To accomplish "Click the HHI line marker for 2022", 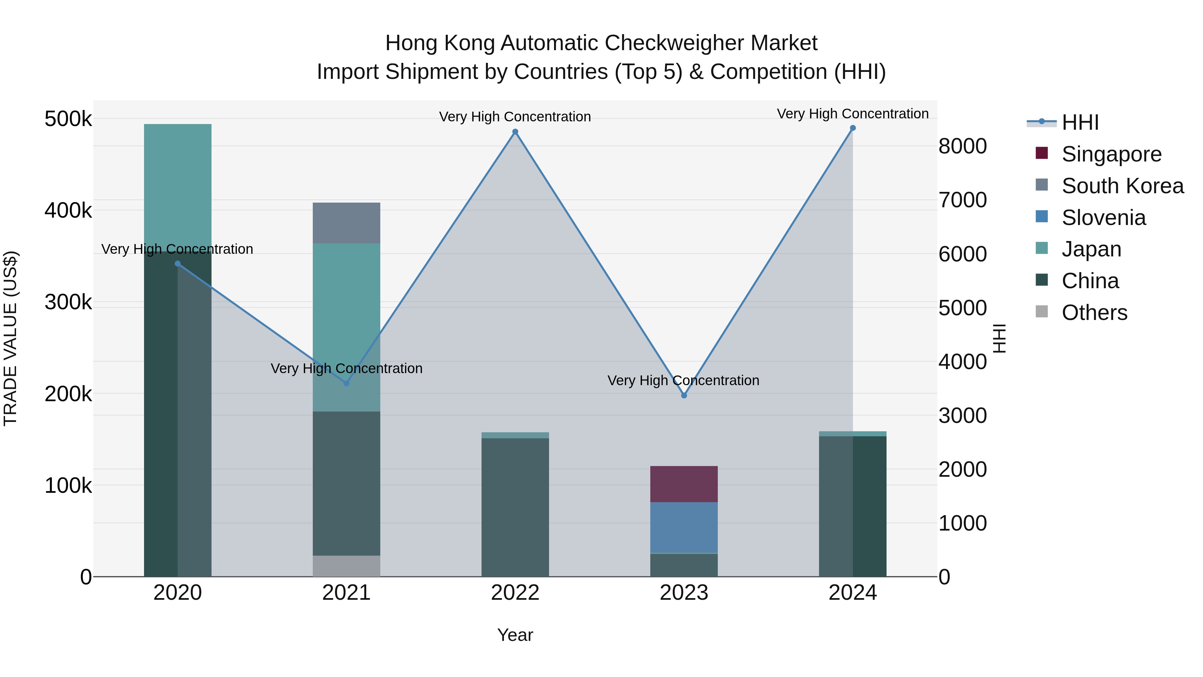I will click(x=515, y=132).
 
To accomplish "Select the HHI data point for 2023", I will click(x=684, y=395).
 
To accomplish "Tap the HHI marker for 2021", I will click(x=347, y=383).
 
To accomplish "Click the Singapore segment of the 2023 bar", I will click(x=684, y=484).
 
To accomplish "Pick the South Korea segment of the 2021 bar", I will click(x=347, y=223).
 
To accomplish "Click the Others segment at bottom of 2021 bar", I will click(x=347, y=566).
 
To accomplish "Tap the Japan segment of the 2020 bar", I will click(x=177, y=187).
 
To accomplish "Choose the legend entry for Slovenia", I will click(x=1103, y=218).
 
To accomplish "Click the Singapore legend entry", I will click(x=1111, y=154).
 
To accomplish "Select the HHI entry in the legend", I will click(x=1080, y=122).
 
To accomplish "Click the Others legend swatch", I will click(x=1041, y=312).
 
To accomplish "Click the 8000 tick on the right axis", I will click(x=962, y=146).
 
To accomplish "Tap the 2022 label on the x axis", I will click(x=515, y=593).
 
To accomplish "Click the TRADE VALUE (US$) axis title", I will click(x=10, y=338).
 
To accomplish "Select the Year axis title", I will click(x=515, y=635).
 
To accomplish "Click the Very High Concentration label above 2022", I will click(x=515, y=116).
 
